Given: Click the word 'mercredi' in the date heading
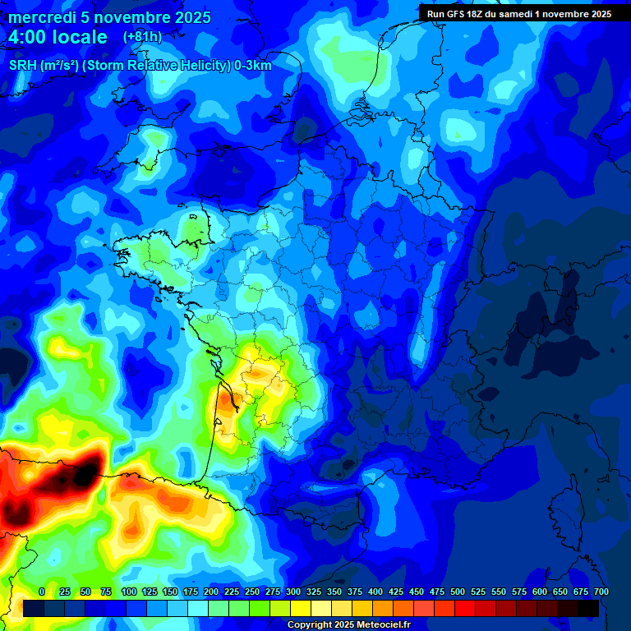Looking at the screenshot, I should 39,17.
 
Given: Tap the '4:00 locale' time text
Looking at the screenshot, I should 58,37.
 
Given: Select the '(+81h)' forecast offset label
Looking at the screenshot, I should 142,37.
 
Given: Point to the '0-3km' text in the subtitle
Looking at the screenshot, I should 252,65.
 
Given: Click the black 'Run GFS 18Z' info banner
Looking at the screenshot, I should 519,14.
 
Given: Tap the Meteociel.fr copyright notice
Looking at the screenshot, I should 348,625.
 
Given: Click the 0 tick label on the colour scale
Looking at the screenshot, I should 42,592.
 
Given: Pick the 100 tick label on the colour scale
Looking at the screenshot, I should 129,592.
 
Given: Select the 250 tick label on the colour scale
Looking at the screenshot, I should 252,592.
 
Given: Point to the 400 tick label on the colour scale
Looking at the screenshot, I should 375,592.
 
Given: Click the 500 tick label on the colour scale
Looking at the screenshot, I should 458,592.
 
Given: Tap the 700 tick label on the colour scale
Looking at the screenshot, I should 601,592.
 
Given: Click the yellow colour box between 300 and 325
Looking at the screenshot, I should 300,608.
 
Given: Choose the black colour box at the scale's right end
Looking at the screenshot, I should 587,608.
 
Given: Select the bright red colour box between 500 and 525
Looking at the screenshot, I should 464,608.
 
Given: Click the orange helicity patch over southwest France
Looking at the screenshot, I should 226,404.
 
